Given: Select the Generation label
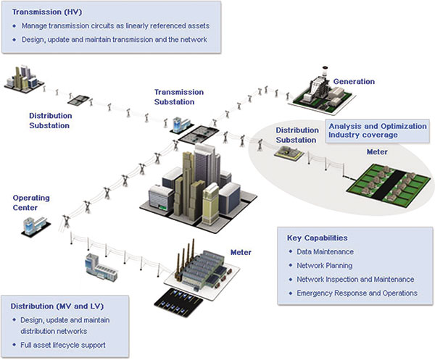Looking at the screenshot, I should (x=354, y=82).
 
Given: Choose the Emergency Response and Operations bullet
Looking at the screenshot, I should (x=357, y=293).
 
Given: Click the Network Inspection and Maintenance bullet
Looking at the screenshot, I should (x=355, y=280).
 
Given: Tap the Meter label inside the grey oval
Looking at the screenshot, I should (x=378, y=154).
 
